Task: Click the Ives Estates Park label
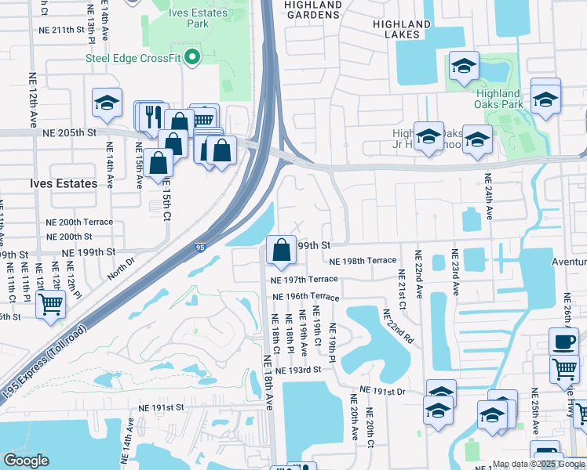[x=199, y=18]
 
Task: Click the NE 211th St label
[x=60, y=30]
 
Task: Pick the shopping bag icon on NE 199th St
[x=281, y=250]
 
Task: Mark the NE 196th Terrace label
[x=305, y=297]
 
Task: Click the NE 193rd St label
[x=297, y=369]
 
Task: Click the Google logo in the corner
[x=26, y=460]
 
